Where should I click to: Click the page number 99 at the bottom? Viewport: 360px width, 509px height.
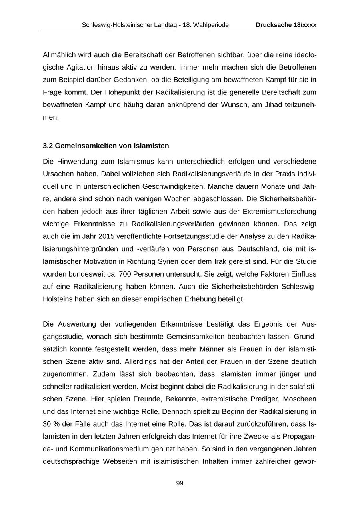click(180, 483)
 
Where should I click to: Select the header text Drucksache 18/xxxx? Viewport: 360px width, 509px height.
click(286, 25)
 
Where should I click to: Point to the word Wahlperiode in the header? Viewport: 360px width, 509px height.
click(212, 25)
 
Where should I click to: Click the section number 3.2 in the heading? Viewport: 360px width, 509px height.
click(48, 146)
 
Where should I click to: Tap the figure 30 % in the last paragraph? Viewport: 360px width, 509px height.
click(51, 424)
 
